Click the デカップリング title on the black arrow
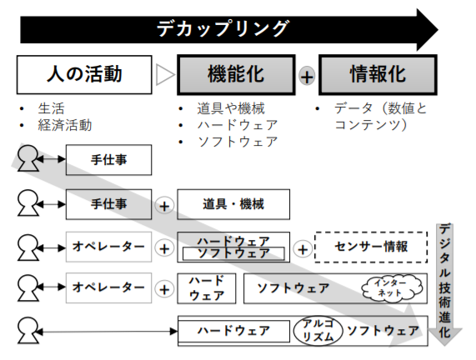tap(223, 28)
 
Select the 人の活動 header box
tap(84, 75)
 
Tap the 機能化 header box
tap(236, 75)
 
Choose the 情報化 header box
tap(378, 75)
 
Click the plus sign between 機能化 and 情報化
tap(307, 76)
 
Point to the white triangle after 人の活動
tap(165, 75)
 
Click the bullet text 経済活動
tap(65, 125)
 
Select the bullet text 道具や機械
tap(231, 108)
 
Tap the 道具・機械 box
tap(233, 204)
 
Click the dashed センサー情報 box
tap(371, 247)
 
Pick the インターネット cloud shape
tap(392, 287)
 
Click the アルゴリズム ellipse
tap(318, 331)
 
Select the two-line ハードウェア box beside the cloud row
tap(207, 288)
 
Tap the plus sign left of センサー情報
tap(303, 249)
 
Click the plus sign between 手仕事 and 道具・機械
tap(164, 206)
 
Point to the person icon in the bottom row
tap(28, 331)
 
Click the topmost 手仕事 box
tap(108, 160)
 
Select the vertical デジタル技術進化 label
tap(444, 281)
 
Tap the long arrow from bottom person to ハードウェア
tap(107, 332)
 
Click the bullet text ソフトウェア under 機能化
tap(238, 142)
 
